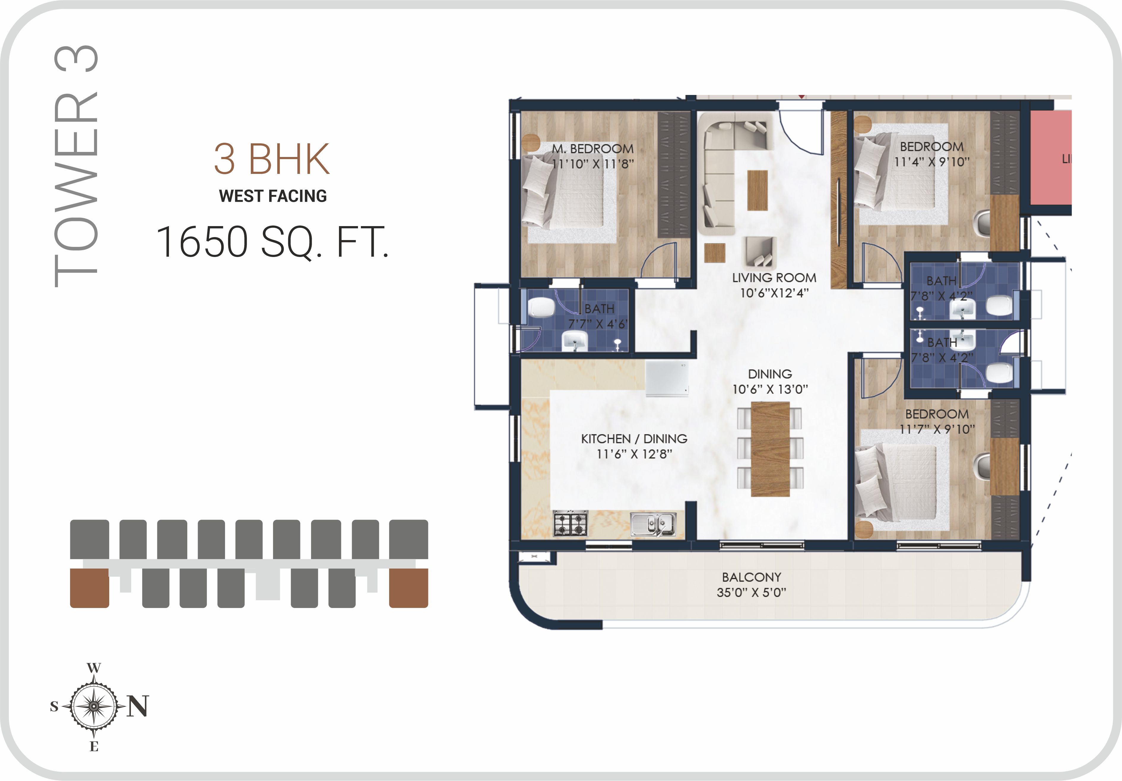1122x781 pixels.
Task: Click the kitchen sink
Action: tap(653, 524)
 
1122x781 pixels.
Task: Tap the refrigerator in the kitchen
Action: tap(667, 379)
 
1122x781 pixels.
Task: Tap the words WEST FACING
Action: tap(273, 196)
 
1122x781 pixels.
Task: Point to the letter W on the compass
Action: tap(94, 668)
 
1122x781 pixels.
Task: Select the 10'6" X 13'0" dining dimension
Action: tap(770, 389)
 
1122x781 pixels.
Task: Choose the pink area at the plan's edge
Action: tap(1051, 157)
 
